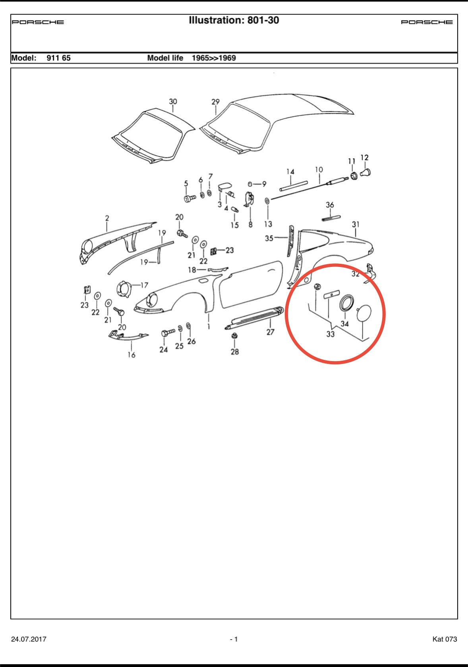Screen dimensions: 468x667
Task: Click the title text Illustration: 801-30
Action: [234, 20]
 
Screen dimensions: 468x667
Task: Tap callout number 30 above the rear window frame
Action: [173, 102]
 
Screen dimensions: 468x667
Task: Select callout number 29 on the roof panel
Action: [215, 102]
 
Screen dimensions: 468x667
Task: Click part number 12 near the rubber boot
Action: [364, 158]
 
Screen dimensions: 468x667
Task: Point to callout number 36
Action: [330, 205]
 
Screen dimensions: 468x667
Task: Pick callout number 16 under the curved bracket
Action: [131, 355]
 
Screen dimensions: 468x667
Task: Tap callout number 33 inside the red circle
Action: [331, 334]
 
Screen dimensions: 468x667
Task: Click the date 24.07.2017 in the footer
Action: [29, 639]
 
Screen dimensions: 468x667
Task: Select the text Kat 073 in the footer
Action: [445, 639]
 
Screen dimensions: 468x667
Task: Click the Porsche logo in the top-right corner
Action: [427, 22]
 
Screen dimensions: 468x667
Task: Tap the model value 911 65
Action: [59, 58]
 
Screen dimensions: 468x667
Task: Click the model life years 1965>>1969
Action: [214, 58]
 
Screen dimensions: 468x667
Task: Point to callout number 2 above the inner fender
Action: [107, 218]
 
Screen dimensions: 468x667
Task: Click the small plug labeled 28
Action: [234, 336]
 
